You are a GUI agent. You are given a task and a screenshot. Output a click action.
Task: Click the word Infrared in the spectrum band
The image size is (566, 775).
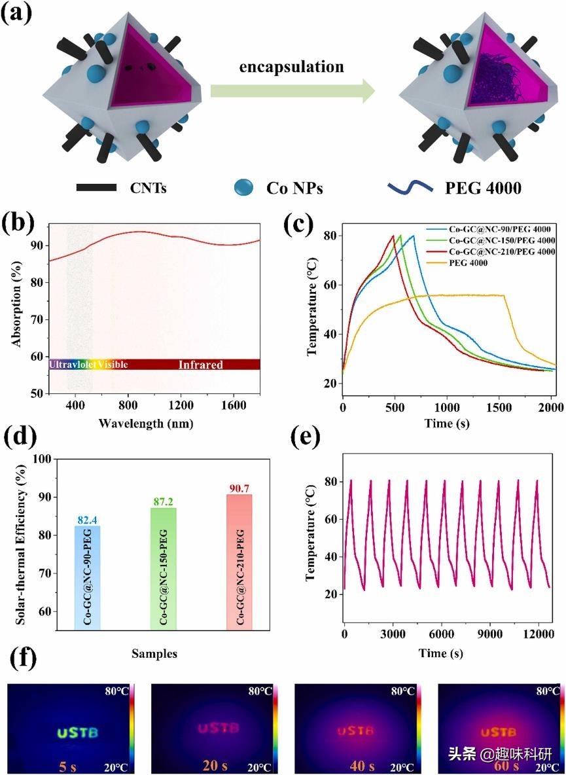coord(201,365)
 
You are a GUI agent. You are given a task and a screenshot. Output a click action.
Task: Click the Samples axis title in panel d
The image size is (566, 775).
coord(156,653)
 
